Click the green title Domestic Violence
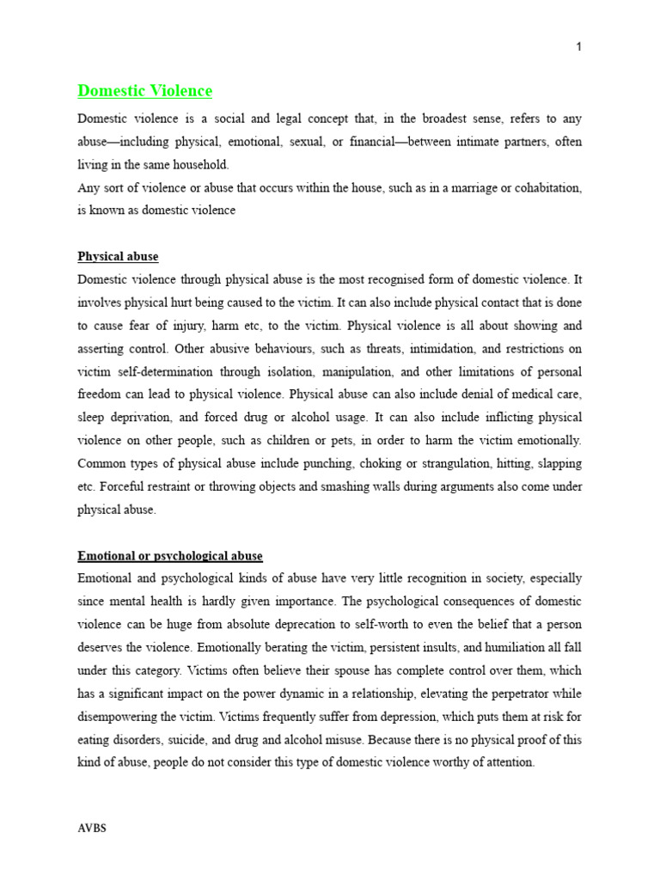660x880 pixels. [144, 90]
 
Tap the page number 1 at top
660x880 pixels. [578, 46]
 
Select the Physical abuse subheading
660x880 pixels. [118, 257]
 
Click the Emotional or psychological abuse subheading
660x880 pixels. [170, 556]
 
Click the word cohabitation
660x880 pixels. [544, 187]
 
